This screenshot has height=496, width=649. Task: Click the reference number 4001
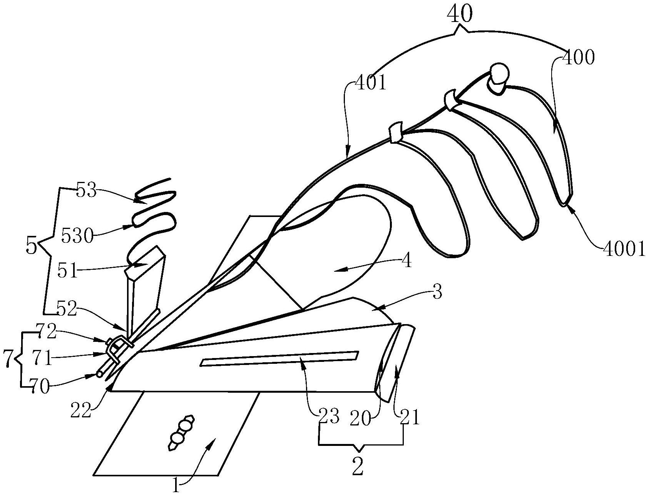(x=624, y=250)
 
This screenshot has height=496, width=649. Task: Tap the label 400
(x=578, y=57)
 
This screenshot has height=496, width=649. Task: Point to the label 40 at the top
(x=459, y=15)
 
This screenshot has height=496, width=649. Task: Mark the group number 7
(x=7, y=359)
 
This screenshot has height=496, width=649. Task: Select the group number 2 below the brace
(x=358, y=467)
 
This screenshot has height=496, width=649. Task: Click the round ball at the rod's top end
(x=498, y=72)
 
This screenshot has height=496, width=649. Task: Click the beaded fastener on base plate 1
(x=181, y=433)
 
